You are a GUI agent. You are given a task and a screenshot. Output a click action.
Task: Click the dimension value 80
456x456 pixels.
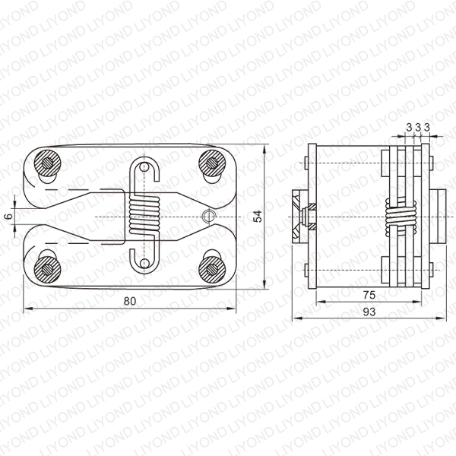click(130, 301)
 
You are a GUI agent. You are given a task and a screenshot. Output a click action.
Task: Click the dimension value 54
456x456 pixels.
click(258, 217)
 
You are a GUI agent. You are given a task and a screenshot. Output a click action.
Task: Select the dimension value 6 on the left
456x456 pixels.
click(9, 217)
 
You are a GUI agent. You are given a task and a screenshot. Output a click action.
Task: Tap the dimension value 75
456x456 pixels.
click(369, 295)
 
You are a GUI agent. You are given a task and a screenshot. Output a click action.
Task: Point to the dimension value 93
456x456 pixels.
click(369, 312)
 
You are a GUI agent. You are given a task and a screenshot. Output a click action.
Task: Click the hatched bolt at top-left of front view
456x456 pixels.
click(47, 163)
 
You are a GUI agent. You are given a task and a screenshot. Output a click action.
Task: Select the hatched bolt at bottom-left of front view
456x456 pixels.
click(47, 270)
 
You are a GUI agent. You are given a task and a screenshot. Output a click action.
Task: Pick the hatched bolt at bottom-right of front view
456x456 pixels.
click(212, 270)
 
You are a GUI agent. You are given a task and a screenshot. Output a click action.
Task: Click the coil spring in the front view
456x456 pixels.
click(144, 214)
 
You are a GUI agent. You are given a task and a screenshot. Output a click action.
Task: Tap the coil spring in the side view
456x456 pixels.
click(401, 217)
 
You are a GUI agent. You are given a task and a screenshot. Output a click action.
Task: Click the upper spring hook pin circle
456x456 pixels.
click(144, 167)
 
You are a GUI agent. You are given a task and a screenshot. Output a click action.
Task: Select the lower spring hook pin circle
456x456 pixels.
click(144, 263)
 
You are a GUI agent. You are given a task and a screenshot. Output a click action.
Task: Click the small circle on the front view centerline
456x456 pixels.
click(209, 217)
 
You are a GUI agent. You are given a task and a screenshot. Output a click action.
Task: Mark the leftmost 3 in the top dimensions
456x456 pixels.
click(409, 128)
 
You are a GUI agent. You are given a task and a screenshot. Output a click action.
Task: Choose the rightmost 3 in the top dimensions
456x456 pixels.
click(426, 128)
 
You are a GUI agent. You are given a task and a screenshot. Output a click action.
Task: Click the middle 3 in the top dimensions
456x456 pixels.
click(418, 128)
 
